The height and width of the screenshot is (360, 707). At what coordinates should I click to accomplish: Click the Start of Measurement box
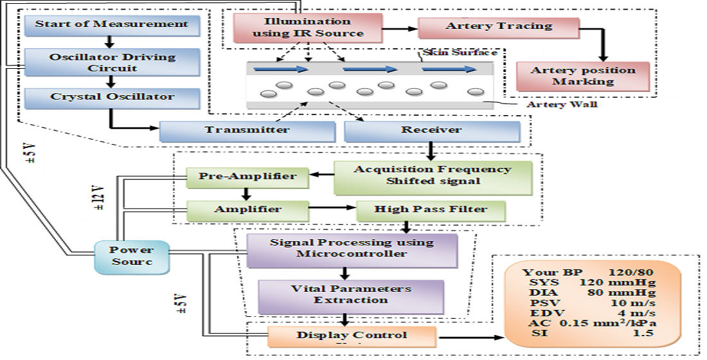[112, 25]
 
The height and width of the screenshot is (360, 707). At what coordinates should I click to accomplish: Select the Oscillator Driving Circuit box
[112, 62]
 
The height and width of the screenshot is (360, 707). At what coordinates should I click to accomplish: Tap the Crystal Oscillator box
[112, 98]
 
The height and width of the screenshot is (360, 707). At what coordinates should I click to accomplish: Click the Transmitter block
[247, 130]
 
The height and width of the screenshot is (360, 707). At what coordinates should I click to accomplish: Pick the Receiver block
[431, 130]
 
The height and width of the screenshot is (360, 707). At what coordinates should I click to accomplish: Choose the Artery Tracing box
[498, 27]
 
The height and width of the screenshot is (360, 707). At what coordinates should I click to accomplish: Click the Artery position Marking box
[582, 76]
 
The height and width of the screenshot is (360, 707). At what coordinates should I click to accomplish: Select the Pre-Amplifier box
[247, 177]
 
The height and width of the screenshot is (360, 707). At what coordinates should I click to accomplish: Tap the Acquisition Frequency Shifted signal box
[432, 175]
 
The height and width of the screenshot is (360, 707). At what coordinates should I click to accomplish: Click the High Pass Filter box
[431, 210]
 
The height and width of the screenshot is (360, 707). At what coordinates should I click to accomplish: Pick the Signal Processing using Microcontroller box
[352, 248]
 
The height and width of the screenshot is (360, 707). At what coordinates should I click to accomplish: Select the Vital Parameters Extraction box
[351, 295]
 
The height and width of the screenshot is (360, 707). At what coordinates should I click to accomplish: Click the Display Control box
[351, 336]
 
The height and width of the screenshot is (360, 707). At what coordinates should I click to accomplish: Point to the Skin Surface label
[459, 52]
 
